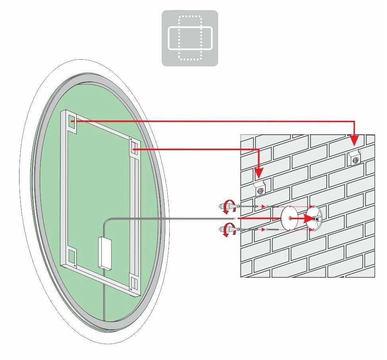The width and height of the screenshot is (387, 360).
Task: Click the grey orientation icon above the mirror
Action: pos(190,38)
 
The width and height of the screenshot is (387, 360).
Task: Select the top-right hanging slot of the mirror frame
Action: pos(135,149)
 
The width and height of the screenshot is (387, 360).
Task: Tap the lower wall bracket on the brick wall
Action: pos(260,188)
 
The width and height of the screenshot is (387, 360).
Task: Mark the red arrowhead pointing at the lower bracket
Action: pos(259,173)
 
